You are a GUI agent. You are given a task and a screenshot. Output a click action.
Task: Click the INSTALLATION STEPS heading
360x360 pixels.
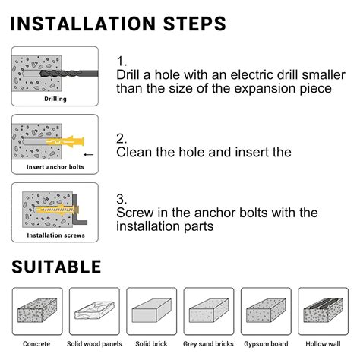[118, 24]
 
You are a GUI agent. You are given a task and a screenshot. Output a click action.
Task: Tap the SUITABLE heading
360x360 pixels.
[56, 267]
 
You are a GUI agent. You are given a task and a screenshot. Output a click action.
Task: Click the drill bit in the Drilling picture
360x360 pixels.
[69, 74]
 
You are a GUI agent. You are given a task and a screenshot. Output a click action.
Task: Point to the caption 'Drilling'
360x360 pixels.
[55, 99]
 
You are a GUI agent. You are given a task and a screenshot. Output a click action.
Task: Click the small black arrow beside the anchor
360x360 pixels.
[88, 154]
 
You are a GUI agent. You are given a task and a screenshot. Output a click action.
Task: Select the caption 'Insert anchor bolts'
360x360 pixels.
[55, 167]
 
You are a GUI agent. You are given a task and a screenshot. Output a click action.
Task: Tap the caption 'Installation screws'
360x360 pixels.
[55, 235]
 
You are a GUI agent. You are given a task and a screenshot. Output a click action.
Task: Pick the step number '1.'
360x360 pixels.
[122, 62]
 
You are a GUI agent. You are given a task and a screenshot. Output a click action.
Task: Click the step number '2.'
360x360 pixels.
[122, 139]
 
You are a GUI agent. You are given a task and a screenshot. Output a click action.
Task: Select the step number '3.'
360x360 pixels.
[122, 199]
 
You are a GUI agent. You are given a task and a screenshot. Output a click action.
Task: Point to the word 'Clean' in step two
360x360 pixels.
[134, 152]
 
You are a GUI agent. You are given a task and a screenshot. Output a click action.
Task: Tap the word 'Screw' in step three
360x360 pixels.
[135, 213]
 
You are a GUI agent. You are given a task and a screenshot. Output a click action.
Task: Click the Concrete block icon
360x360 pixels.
[37, 311]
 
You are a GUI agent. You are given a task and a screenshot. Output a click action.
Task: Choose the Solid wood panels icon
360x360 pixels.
[94, 311]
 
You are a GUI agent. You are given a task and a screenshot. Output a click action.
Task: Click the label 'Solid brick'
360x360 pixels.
[151, 344]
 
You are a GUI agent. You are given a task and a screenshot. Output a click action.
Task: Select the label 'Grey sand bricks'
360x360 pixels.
[208, 344]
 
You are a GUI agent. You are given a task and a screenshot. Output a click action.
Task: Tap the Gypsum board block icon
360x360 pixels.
[266, 311]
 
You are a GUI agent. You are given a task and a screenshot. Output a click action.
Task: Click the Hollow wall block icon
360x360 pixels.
[324, 311]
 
